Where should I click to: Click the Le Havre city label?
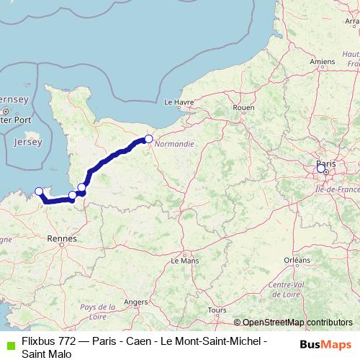(179, 102)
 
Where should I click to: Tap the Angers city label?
(136, 302)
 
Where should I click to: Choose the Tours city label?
(216, 310)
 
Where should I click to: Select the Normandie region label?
(175, 143)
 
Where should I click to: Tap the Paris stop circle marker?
(321, 168)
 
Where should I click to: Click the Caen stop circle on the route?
(148, 139)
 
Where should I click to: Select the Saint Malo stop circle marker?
(39, 191)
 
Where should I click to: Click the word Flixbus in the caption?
(38, 339)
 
